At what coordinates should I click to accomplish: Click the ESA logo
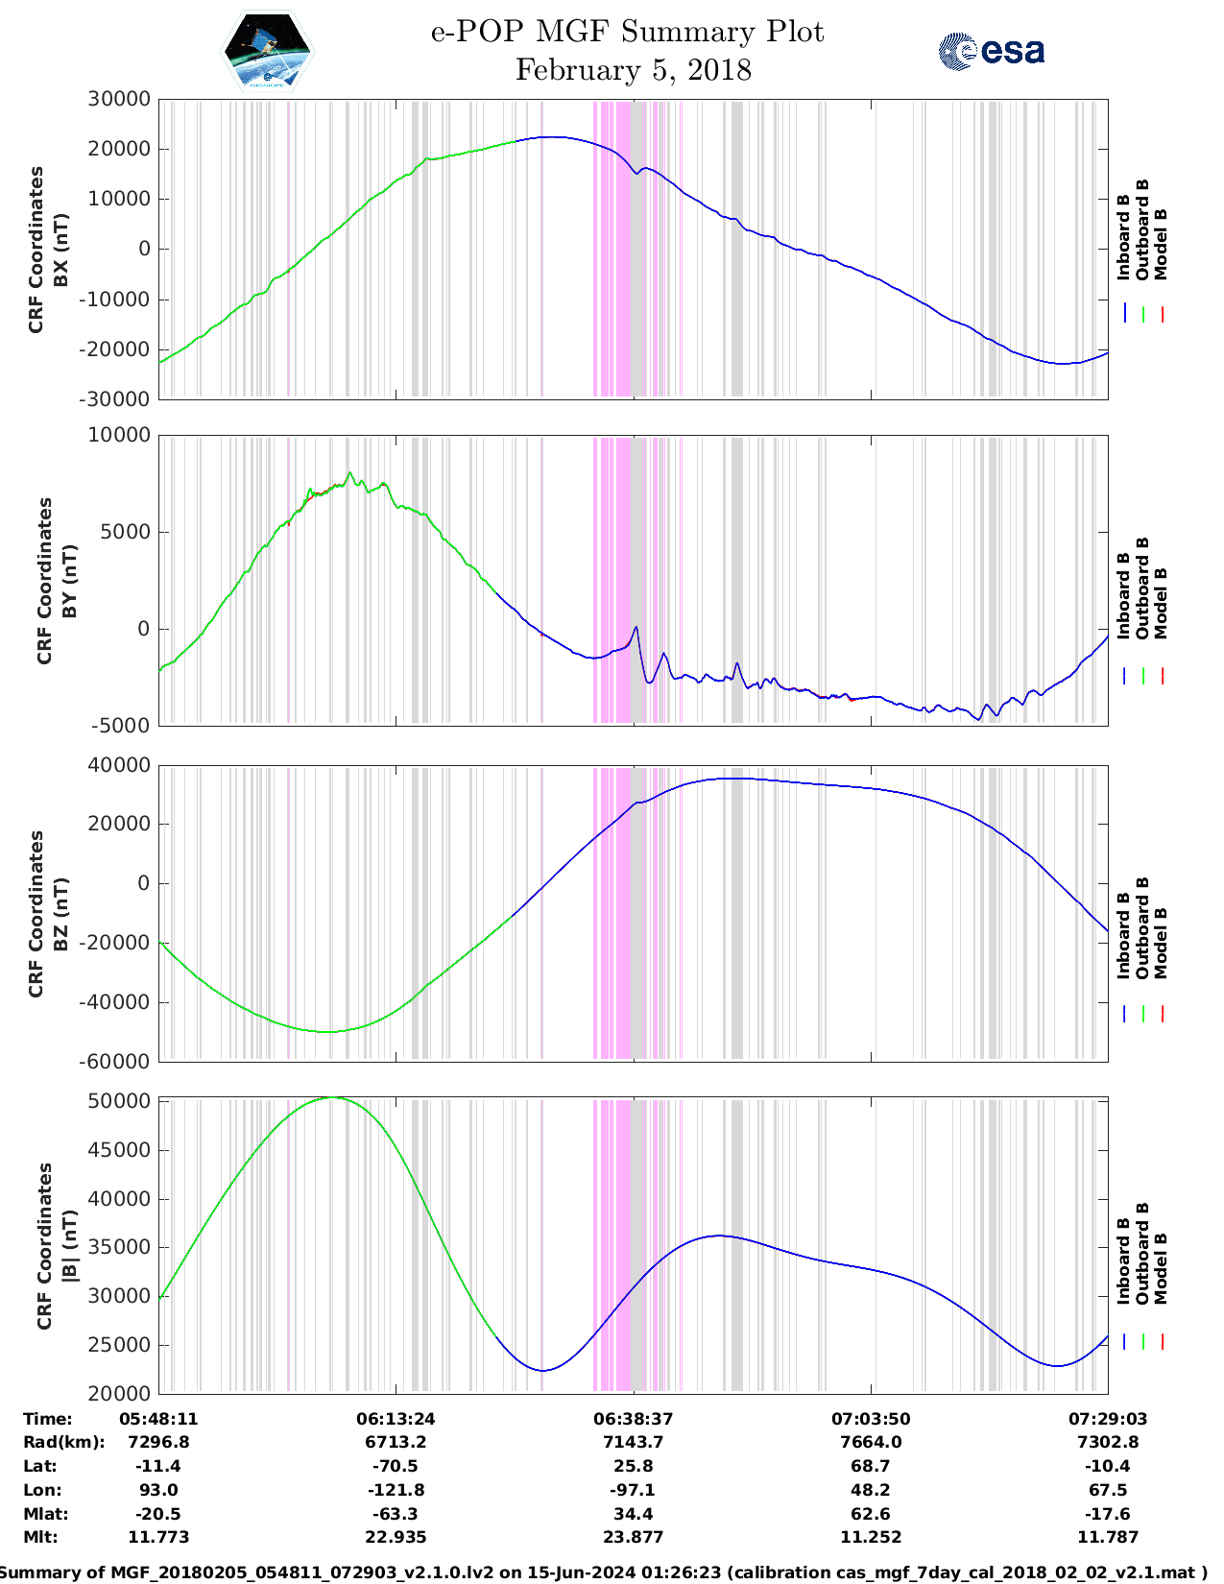991,51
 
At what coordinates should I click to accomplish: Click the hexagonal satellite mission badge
268,51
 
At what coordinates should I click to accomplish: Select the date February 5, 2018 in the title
633,70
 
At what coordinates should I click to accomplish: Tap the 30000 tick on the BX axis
119,99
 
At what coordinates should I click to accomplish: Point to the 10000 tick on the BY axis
119,435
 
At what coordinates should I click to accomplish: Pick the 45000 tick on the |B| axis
119,1150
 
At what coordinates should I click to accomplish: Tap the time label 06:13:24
396,1419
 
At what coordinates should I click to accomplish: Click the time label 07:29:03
1108,1419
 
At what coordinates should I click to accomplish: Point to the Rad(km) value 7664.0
871,1442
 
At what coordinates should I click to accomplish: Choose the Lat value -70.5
396,1466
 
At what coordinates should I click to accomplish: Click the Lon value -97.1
633,1490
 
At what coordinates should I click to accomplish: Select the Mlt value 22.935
396,1537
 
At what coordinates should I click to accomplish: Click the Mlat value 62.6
871,1514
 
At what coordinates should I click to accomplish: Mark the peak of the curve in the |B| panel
332,1097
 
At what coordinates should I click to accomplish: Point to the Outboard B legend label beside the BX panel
1142,230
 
